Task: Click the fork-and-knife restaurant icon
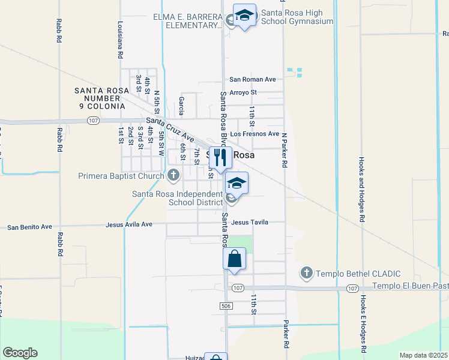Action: [220, 157]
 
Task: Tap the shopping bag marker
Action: [234, 259]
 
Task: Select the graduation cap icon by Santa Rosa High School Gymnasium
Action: [244, 15]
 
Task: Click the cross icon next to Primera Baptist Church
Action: [173, 176]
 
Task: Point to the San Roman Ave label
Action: [252, 79]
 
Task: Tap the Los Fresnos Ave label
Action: [255, 134]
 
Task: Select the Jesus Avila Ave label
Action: [129, 224]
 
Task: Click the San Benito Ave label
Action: [29, 227]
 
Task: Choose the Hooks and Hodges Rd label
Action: [362, 190]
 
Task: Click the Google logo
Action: [20, 353]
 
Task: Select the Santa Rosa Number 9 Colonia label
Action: [101, 98]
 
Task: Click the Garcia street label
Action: [181, 106]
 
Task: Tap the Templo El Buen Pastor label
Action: [411, 286]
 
